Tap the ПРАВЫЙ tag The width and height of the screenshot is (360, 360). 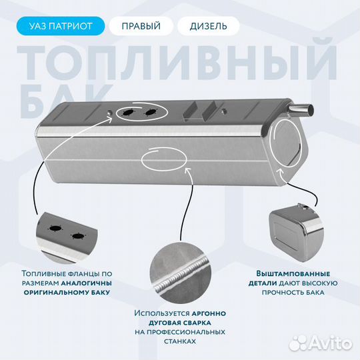pyautogui.click(x=141, y=27)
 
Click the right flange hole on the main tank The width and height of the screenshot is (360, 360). pyautogui.click(x=151, y=113)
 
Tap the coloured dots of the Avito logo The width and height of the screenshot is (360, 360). pyautogui.click(x=301, y=343)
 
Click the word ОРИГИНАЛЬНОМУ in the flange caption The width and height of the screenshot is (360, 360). pyautogui.click(x=50, y=292)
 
